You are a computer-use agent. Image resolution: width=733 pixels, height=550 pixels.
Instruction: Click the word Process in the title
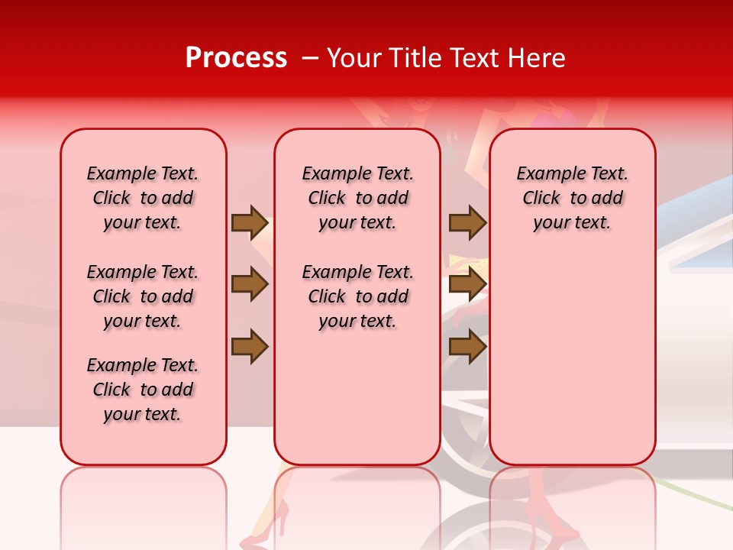pyautogui.click(x=236, y=58)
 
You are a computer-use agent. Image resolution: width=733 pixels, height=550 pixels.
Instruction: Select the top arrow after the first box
pyautogui.click(x=250, y=222)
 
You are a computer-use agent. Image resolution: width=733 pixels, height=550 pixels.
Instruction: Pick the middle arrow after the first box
pyautogui.click(x=250, y=284)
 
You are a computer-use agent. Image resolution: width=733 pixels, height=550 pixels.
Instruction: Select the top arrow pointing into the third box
pyautogui.click(x=467, y=222)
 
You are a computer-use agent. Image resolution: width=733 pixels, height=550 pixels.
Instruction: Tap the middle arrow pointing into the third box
pyautogui.click(x=467, y=284)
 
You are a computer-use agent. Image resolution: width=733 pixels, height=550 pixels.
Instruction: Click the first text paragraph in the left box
pyautogui.click(x=143, y=198)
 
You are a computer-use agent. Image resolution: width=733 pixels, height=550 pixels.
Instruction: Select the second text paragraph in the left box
pyautogui.click(x=143, y=296)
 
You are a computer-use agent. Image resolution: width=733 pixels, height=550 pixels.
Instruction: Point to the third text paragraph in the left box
pyautogui.click(x=143, y=390)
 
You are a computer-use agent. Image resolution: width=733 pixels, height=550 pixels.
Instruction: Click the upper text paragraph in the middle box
pyautogui.click(x=357, y=198)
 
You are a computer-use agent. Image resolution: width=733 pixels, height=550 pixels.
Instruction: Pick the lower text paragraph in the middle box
pyautogui.click(x=357, y=296)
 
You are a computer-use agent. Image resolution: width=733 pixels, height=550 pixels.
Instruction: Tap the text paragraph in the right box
pyautogui.click(x=573, y=198)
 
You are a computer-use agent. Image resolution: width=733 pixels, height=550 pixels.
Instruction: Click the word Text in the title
pyautogui.click(x=473, y=58)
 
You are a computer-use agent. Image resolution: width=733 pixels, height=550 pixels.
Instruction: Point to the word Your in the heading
pyautogui.click(x=355, y=58)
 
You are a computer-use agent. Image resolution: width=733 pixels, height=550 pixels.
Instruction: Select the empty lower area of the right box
pyautogui.click(x=573, y=359)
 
